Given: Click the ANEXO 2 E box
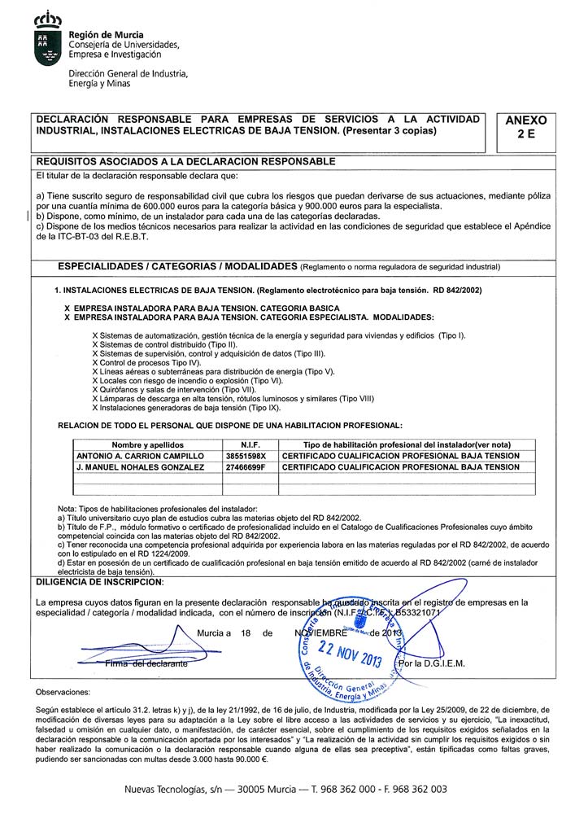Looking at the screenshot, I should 525,129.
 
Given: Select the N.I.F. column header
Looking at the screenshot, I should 250,445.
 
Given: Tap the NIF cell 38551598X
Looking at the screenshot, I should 250,456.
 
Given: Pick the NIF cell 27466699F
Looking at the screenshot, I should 250,467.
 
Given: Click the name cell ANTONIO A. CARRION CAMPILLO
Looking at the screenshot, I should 139,456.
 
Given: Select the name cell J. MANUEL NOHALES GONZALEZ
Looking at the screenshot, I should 139,467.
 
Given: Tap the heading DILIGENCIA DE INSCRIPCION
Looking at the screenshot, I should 99,581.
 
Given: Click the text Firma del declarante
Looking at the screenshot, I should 146,664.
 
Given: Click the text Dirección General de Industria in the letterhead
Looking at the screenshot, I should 128,73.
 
